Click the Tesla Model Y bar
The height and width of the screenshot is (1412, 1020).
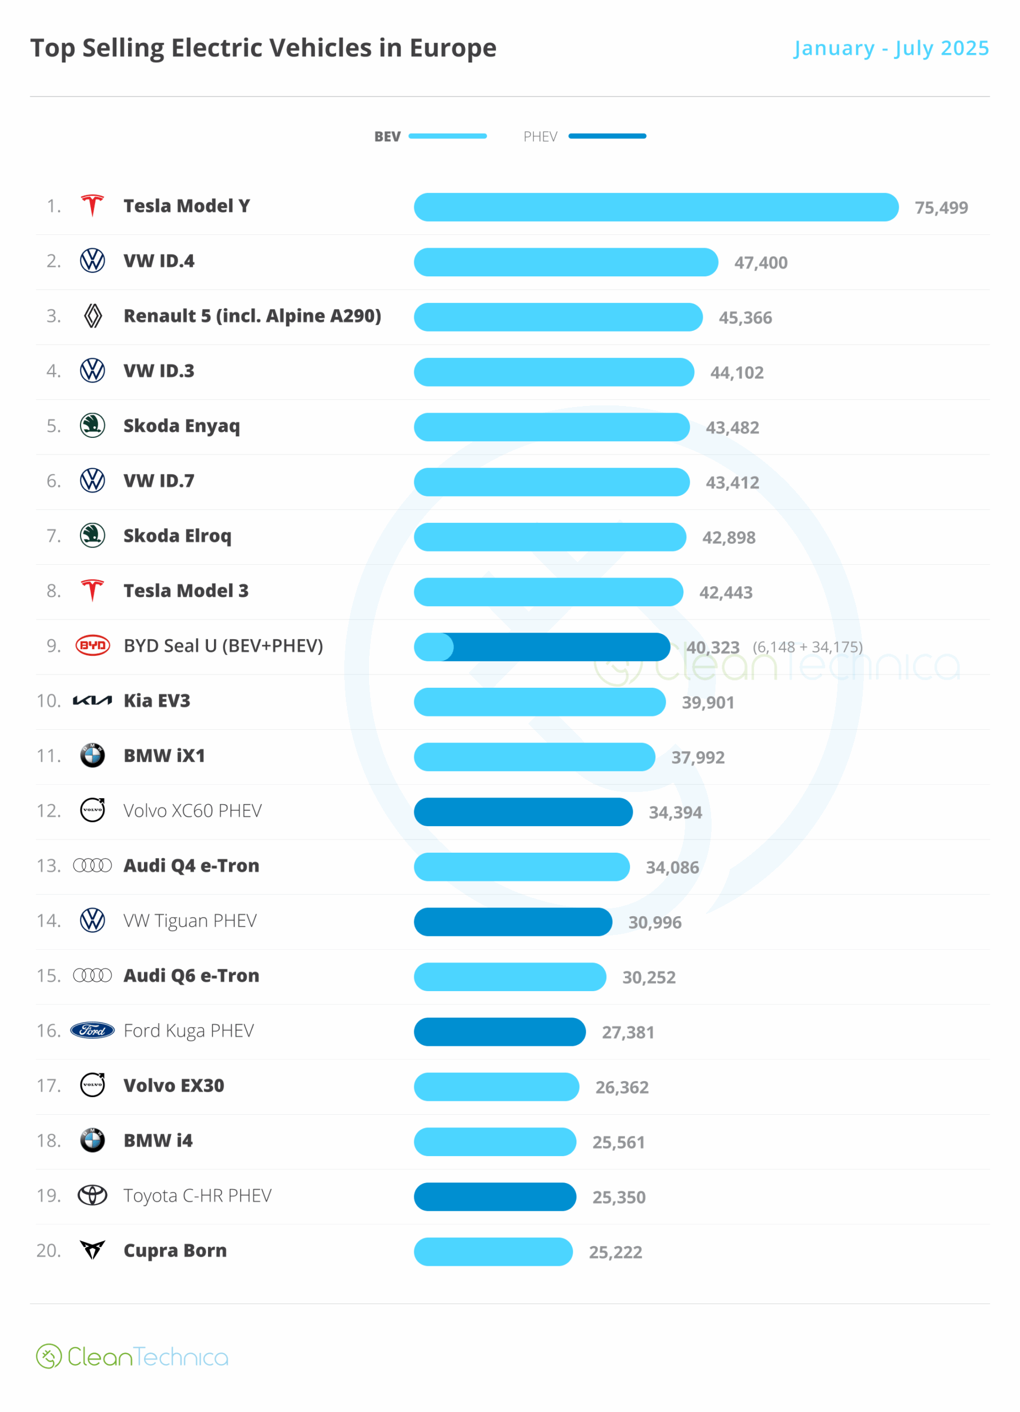pos(656,207)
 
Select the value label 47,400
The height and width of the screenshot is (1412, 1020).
pos(760,263)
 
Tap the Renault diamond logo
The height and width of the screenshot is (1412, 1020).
pos(93,315)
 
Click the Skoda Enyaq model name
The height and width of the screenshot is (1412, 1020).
pos(181,426)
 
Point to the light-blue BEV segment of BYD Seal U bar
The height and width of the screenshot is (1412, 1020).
pos(434,647)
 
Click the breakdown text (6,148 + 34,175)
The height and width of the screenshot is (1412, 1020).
pos(807,647)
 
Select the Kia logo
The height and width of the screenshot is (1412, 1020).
pos(92,700)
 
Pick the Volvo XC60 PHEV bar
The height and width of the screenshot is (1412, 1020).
pos(523,812)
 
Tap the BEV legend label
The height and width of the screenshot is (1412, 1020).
pos(387,136)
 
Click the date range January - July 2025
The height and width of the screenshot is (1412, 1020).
pos(890,48)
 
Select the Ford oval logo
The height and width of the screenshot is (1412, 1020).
pos(92,1030)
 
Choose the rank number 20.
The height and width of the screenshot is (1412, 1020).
pos(49,1250)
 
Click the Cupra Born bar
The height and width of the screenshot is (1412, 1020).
pos(493,1251)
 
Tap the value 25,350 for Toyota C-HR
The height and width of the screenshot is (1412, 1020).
pos(618,1197)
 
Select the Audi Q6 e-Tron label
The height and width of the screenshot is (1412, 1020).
pos(191,976)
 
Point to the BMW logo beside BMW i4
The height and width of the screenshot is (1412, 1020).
pos(92,1141)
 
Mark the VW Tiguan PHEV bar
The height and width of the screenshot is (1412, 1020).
pos(512,922)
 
